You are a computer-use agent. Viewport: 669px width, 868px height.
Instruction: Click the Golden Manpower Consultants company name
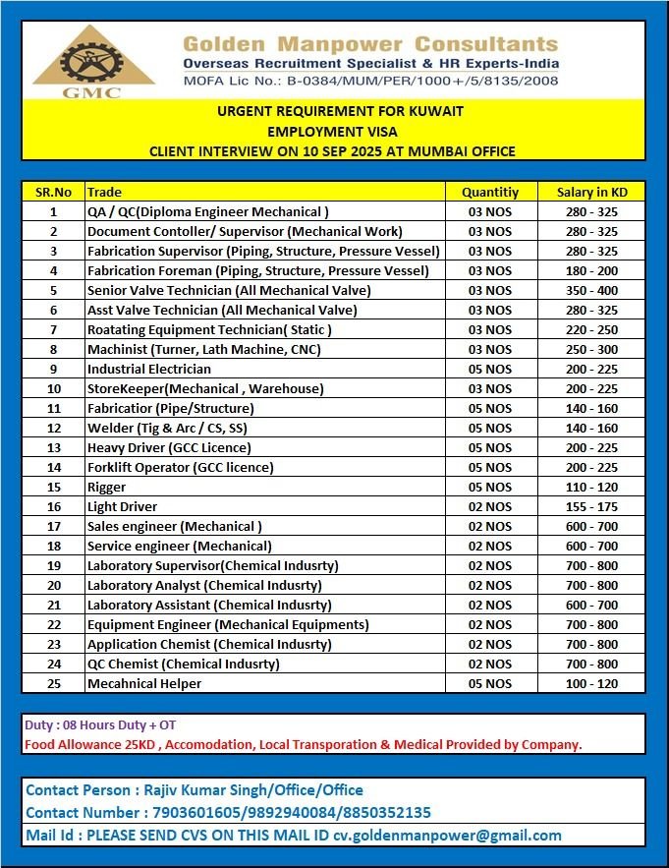pyautogui.click(x=370, y=43)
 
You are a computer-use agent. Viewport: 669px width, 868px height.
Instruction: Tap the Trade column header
pyautogui.click(x=104, y=192)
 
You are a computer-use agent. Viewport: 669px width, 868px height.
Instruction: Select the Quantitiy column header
pyautogui.click(x=489, y=192)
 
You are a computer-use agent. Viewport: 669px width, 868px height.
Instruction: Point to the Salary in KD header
pyautogui.click(x=591, y=192)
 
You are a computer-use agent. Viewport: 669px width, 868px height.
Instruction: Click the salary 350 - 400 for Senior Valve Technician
pyautogui.click(x=591, y=290)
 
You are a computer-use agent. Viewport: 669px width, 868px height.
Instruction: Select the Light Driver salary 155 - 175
pyautogui.click(x=591, y=506)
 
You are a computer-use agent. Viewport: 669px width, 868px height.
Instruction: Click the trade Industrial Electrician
pyautogui.click(x=148, y=369)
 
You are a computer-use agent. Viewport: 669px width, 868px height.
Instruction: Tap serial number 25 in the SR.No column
pyautogui.click(x=53, y=683)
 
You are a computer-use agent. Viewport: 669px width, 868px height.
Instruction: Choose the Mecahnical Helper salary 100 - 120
pyautogui.click(x=591, y=683)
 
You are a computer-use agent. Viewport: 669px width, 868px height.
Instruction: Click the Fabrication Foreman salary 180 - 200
pyautogui.click(x=591, y=270)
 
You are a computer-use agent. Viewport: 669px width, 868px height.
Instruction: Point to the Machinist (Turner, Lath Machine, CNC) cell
pyautogui.click(x=203, y=349)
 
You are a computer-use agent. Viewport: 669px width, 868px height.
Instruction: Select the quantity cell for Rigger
pyautogui.click(x=489, y=487)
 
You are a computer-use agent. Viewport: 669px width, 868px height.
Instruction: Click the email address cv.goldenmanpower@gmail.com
pyautogui.click(x=447, y=836)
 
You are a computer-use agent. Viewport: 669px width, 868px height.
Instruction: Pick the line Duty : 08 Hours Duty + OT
pyautogui.click(x=100, y=725)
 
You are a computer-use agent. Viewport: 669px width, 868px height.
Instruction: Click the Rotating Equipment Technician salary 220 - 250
pyautogui.click(x=591, y=329)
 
